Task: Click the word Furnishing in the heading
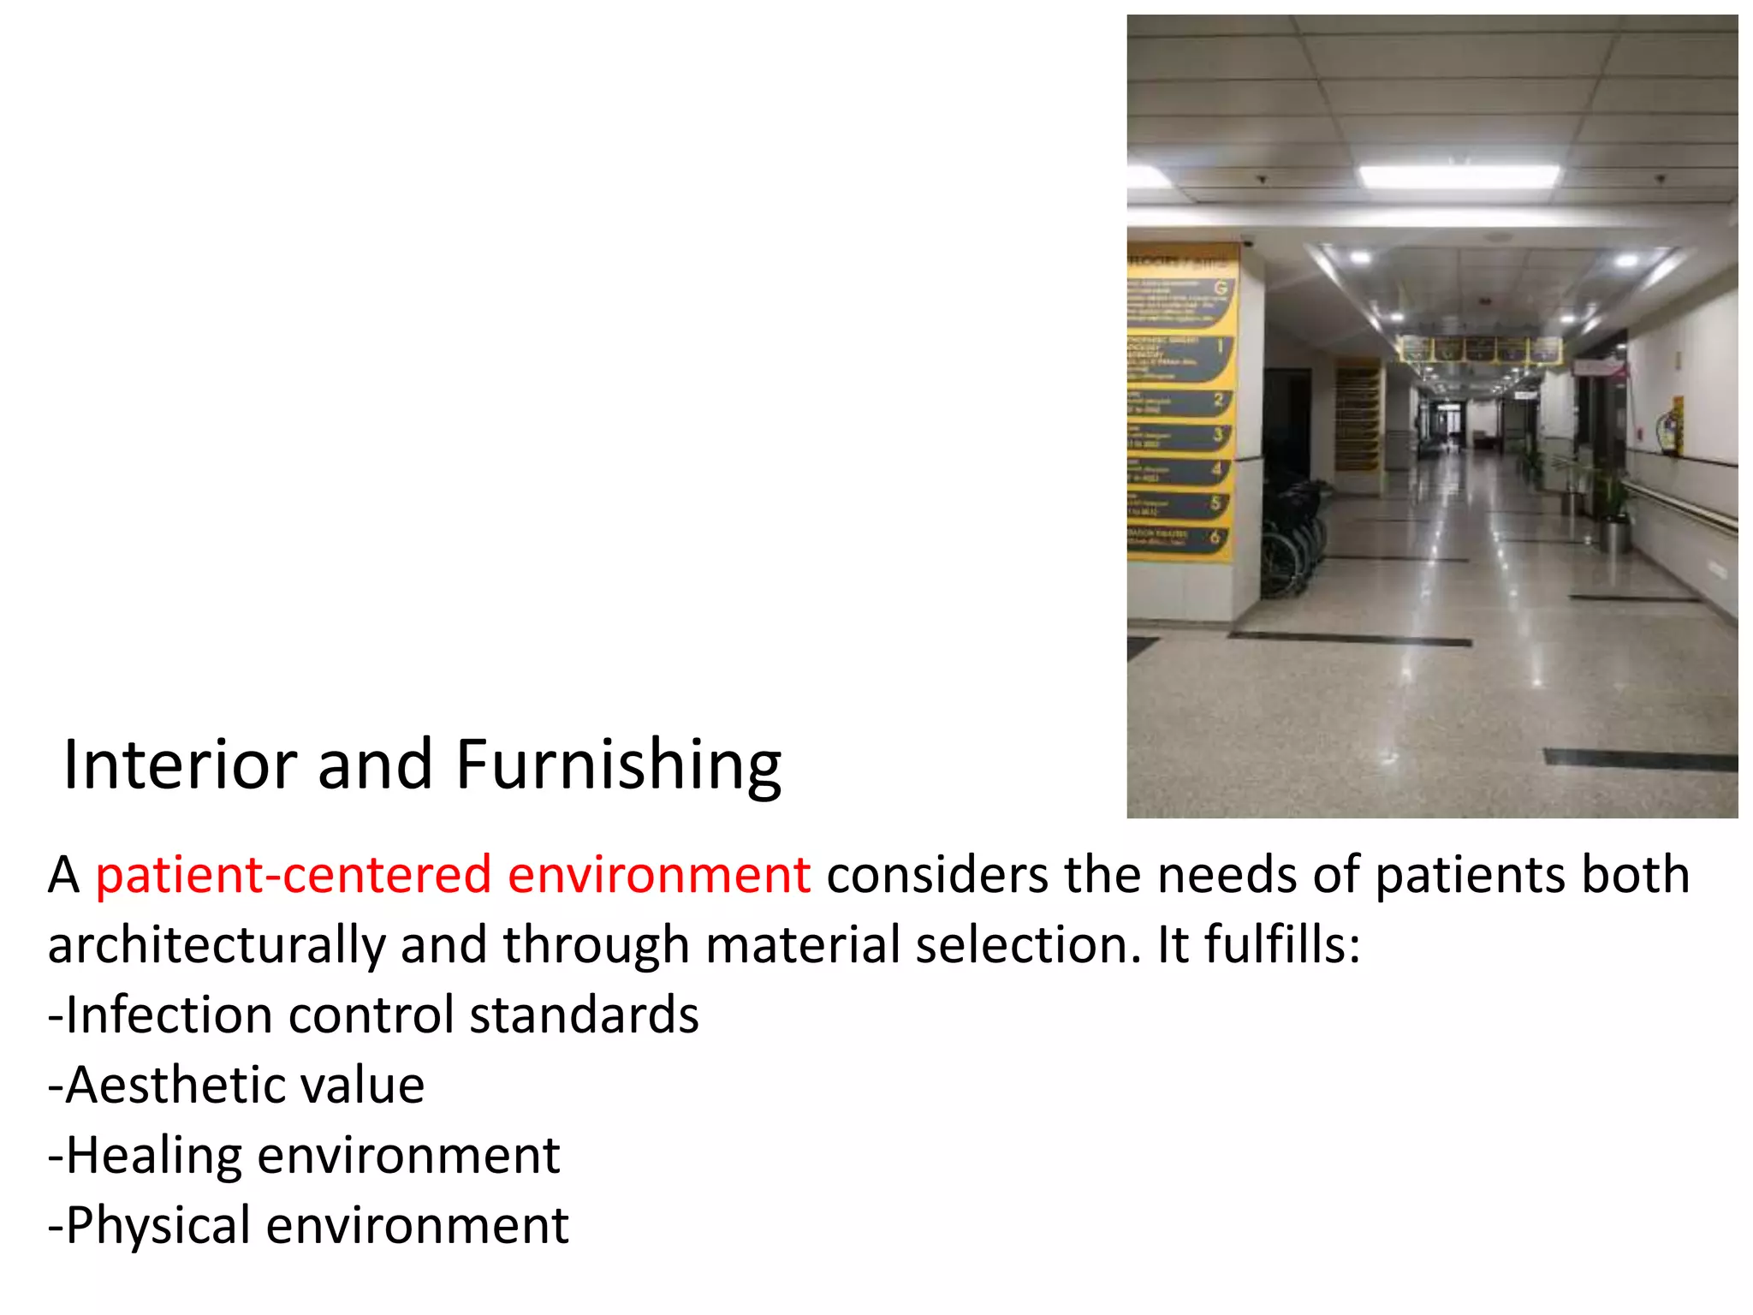[618, 765]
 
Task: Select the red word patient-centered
[293, 876]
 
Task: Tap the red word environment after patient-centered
[658, 876]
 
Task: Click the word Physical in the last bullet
[157, 1226]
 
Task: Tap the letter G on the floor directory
[1221, 288]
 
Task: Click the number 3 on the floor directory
[1217, 435]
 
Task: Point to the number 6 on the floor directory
[1215, 538]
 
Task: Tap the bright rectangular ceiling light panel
[1459, 176]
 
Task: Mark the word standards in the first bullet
[584, 1015]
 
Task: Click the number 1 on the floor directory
[1221, 348]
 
